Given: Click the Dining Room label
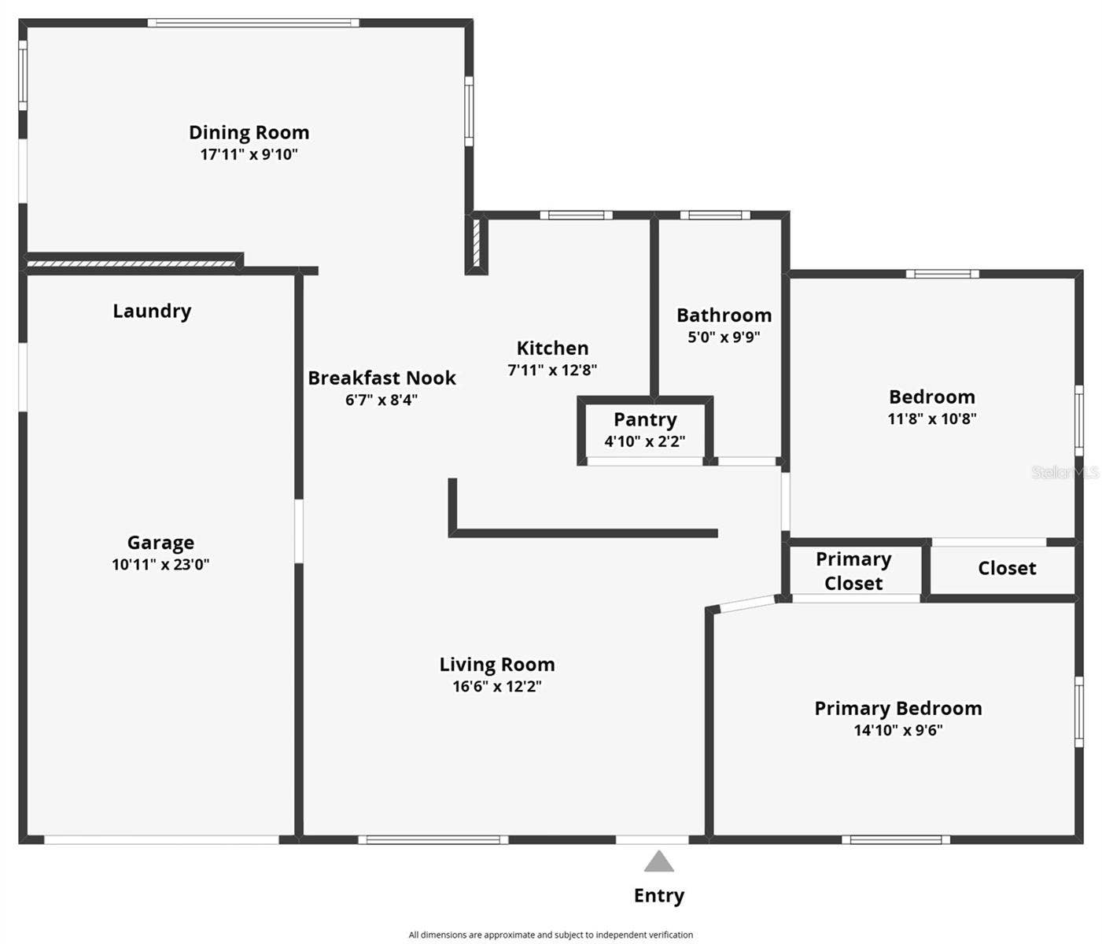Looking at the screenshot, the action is (249, 132).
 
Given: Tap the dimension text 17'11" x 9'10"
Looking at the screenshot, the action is (249, 154).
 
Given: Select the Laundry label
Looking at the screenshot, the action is (152, 311).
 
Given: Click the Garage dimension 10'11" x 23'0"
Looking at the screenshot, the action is (160, 564).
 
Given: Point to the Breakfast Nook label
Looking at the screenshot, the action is (381, 378).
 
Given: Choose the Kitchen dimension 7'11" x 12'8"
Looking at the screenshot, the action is (552, 370).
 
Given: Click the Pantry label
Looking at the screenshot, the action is (645, 420).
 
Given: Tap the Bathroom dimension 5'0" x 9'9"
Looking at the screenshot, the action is (724, 337).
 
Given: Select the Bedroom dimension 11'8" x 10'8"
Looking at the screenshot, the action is (932, 419).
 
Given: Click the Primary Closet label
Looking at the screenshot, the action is (853, 571).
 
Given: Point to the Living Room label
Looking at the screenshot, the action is (497, 665).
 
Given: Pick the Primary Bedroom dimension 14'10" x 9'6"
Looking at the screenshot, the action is (898, 730).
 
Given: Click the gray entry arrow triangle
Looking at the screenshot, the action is (659, 862).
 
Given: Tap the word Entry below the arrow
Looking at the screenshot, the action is (659, 895).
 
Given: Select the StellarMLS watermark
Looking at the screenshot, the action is (1065, 472).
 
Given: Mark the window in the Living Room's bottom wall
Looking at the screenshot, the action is (433, 840).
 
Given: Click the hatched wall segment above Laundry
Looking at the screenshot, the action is (131, 264).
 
